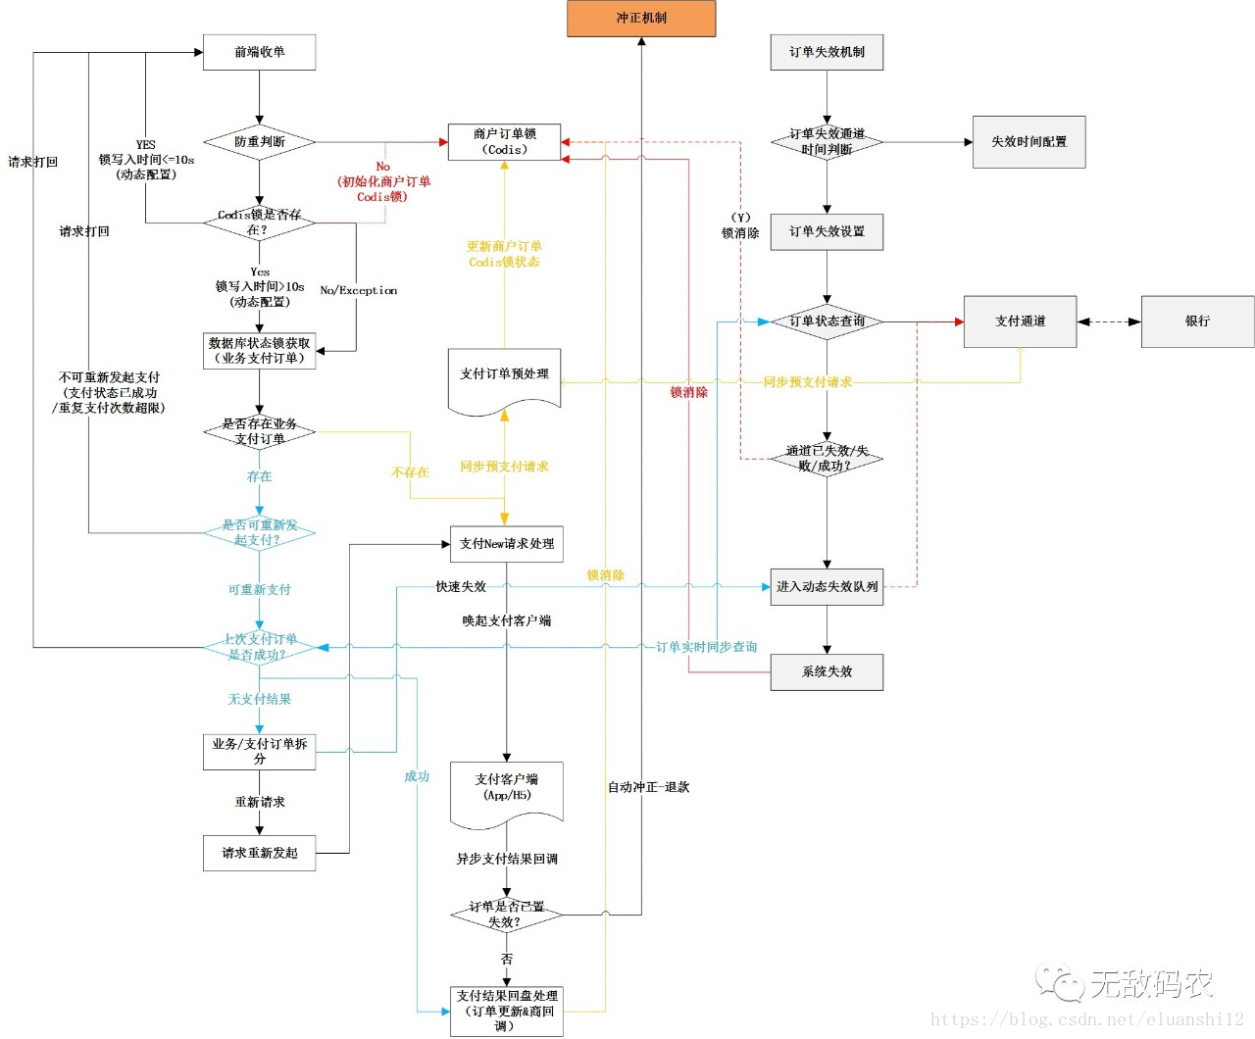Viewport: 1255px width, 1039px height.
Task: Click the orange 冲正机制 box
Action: point(641,19)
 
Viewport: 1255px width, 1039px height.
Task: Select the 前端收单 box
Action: point(259,52)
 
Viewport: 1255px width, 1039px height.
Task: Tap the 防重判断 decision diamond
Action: point(259,142)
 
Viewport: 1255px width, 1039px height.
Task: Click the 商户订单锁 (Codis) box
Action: point(504,142)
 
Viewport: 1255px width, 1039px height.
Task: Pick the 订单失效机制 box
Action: point(827,52)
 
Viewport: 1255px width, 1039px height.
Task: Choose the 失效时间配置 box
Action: point(1029,142)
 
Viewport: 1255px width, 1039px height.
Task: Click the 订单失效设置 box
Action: point(827,232)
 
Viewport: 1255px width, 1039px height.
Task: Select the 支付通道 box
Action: point(1020,322)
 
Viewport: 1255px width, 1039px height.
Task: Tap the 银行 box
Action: point(1197,322)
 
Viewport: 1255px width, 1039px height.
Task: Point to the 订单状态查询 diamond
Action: point(827,322)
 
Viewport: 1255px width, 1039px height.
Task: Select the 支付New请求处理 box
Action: point(506,544)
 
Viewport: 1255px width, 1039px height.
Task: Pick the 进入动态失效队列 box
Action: point(827,587)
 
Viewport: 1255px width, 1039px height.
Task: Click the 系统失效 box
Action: point(827,672)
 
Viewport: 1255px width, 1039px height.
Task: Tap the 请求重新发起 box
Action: point(259,853)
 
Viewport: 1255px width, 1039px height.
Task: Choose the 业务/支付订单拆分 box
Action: point(259,752)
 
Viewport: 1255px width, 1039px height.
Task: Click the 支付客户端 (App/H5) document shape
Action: point(506,790)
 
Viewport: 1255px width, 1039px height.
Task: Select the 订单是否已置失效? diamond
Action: point(506,915)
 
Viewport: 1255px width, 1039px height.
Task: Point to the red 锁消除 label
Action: point(688,392)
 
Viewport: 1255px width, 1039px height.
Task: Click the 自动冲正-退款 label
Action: point(648,787)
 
